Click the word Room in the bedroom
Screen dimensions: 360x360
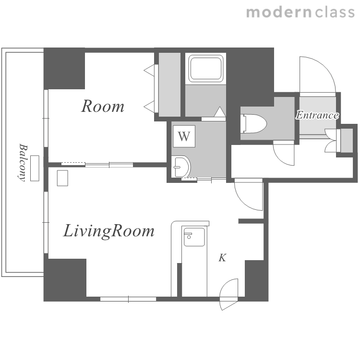[103, 106]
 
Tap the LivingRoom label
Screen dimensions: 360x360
[108, 231]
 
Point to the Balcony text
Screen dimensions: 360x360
[23, 163]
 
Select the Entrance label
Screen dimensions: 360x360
[317, 115]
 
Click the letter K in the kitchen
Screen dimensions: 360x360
[222, 258]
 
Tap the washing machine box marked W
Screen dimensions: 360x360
[184, 136]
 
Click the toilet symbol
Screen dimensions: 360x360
[253, 123]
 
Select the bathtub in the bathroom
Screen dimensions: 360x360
[206, 68]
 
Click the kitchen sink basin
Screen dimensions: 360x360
[194, 237]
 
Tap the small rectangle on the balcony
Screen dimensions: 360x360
[35, 168]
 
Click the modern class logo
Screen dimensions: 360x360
[300, 12]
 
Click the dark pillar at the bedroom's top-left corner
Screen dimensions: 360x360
[64, 69]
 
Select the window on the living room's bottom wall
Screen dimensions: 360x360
[128, 299]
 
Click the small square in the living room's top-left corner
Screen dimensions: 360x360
[62, 178]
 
